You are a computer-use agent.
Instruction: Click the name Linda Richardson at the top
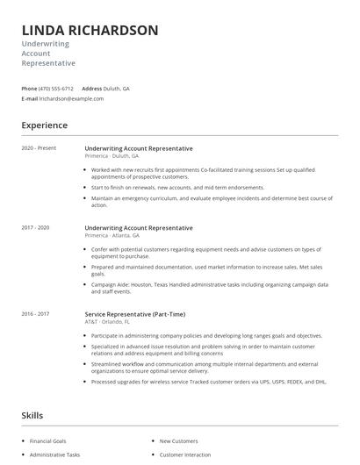[90, 31]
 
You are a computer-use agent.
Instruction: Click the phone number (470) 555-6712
[56, 89]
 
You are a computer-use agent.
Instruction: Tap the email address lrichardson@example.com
[72, 99]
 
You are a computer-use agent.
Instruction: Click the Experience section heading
[45, 125]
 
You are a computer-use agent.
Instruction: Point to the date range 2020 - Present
[39, 148]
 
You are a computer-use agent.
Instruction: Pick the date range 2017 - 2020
[36, 227]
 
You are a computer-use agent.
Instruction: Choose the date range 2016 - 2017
[36, 313]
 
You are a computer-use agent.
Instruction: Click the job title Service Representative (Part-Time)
[134, 314]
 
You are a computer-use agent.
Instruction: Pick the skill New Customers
[178, 440]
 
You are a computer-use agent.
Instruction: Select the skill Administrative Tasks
[54, 454]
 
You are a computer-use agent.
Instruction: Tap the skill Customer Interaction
[185, 454]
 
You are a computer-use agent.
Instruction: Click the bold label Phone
[29, 89]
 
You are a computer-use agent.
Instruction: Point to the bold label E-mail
[30, 99]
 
